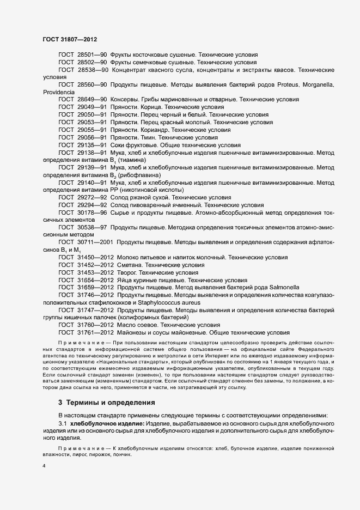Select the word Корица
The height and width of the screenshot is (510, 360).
click(144, 108)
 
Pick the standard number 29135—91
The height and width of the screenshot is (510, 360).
click(92, 145)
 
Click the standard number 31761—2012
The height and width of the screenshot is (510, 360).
click(95, 332)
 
